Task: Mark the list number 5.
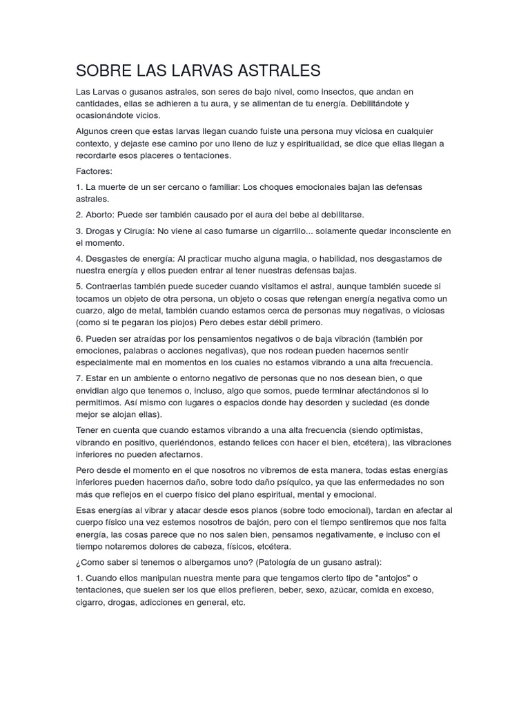click(x=79, y=286)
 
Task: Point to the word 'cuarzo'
click(x=92, y=310)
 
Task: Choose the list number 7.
click(x=79, y=378)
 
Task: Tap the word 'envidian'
click(x=95, y=390)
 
